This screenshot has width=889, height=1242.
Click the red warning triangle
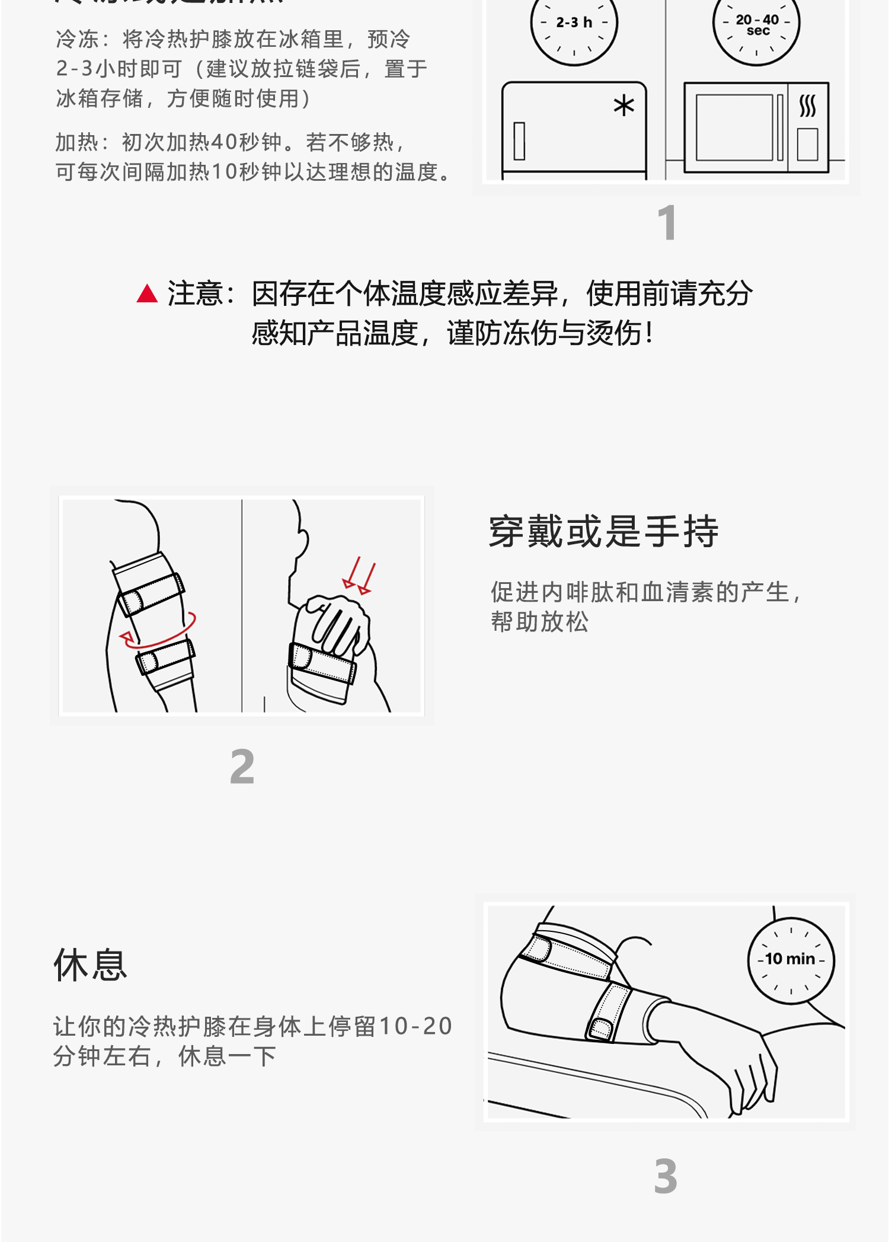tap(147, 294)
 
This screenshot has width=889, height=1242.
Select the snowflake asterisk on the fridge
tap(623, 106)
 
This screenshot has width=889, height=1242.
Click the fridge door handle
tap(519, 141)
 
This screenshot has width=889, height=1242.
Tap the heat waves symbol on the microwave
tap(807, 106)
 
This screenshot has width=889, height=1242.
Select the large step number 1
tap(667, 223)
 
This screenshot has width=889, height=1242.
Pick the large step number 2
tap(242, 767)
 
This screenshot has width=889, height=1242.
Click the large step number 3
tap(666, 1176)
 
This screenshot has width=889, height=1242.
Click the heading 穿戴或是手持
tap(603, 531)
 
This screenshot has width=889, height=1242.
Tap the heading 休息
tap(90, 965)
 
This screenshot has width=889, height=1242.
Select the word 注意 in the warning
tap(195, 294)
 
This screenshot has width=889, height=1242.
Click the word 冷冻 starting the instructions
tap(78, 40)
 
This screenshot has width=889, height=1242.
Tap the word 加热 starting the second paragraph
tap(77, 143)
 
